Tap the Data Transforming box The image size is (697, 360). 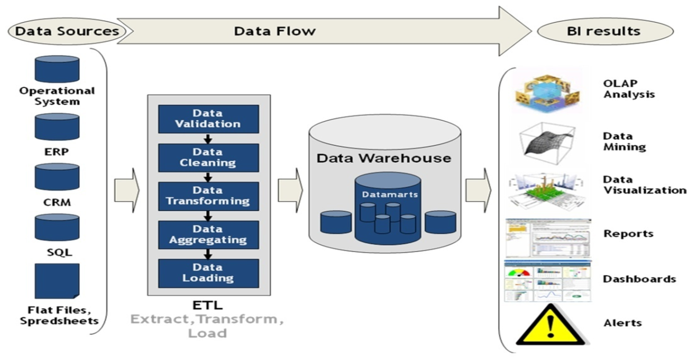coord(208,196)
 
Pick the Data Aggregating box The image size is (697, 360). coord(208,235)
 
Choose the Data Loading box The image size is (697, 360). coord(208,273)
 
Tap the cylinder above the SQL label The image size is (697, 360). coord(57,227)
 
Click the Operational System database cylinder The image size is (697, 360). coord(57,69)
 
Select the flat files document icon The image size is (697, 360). coord(57,281)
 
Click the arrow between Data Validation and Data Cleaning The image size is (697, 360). coord(208,139)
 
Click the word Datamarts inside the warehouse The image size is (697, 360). coord(390,194)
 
